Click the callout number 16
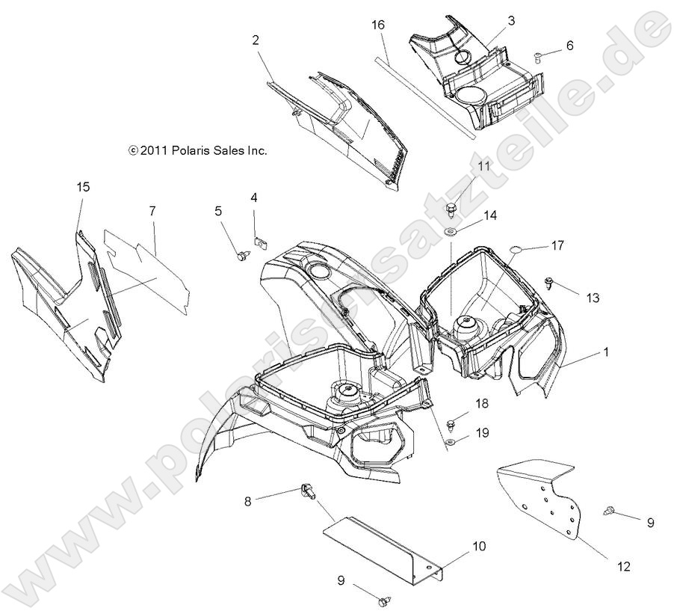(378, 25)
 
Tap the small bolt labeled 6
(539, 55)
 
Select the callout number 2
(256, 40)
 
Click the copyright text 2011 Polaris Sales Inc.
(197, 150)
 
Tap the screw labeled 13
(550, 283)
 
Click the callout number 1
(606, 350)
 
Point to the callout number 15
(82, 186)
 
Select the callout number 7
(152, 212)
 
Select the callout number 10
(478, 547)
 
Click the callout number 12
(622, 568)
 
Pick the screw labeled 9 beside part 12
(607, 512)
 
